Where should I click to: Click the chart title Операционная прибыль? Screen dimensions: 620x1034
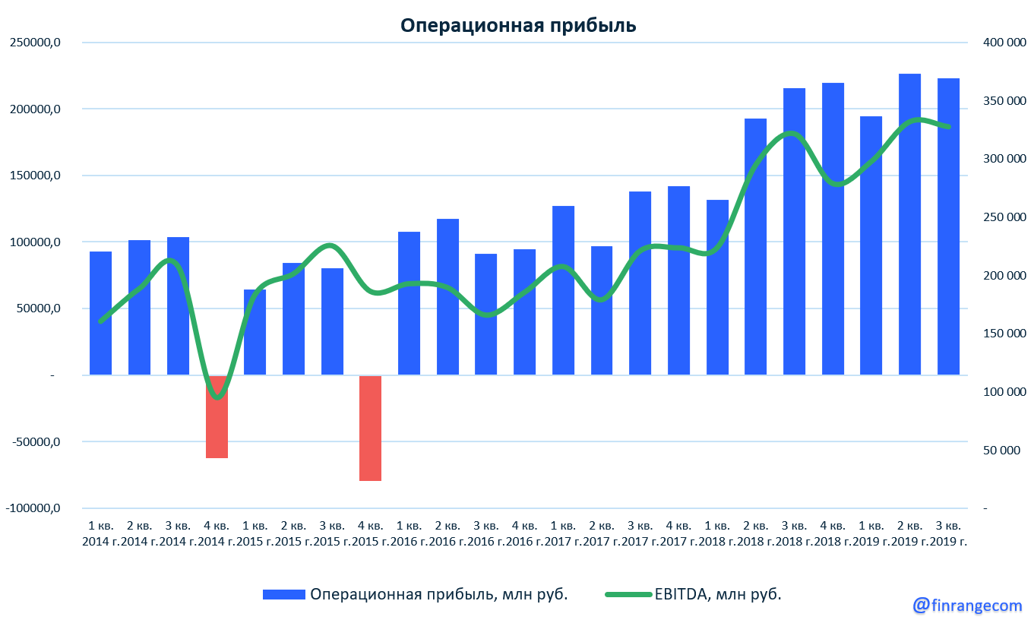coord(517,26)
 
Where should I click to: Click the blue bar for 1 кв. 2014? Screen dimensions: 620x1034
coord(100,313)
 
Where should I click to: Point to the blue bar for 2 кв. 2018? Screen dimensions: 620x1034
coord(755,246)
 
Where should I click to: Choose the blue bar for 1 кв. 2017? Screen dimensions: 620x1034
coord(563,290)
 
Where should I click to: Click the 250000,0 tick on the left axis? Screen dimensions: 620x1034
coord(35,43)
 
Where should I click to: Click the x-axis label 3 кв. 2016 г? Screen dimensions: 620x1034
coord(486,533)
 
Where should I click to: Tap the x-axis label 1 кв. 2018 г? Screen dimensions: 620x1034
coord(717,533)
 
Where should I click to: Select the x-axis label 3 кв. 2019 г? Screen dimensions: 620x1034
coord(948,533)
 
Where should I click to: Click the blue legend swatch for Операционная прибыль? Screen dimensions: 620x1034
coord(283,595)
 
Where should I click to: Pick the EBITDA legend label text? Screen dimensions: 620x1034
coord(718,595)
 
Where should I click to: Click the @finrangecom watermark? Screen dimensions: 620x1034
coord(967,605)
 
